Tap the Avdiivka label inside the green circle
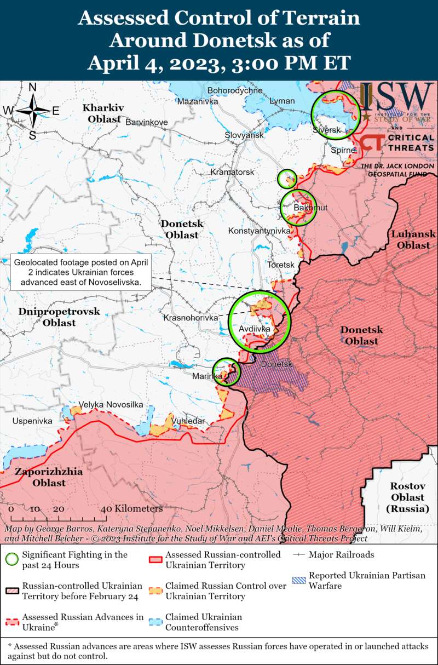point(255,329)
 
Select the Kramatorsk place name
point(232,172)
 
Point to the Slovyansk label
point(244,135)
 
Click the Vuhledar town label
point(188,421)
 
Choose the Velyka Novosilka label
point(111,404)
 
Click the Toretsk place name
point(281,265)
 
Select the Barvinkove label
point(147,122)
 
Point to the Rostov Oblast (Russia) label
point(407,497)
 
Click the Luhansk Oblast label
point(413,239)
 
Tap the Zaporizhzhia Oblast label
point(49,477)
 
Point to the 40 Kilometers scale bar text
point(131,508)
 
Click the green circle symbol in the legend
point(11,559)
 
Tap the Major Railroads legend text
point(341,554)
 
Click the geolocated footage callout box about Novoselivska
point(82,273)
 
